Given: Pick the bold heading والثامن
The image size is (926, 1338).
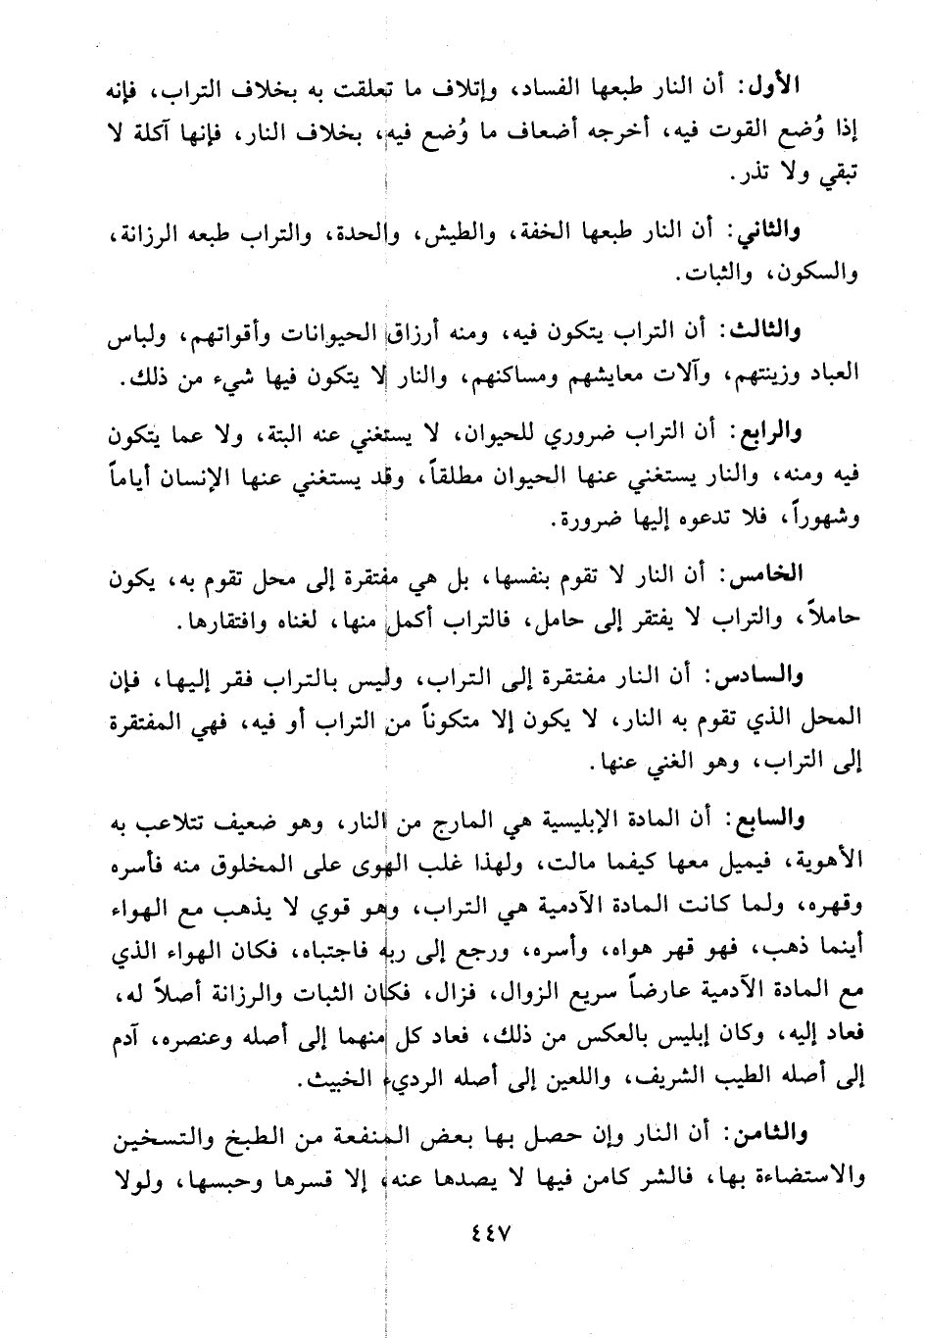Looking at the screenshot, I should point(764,1135).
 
